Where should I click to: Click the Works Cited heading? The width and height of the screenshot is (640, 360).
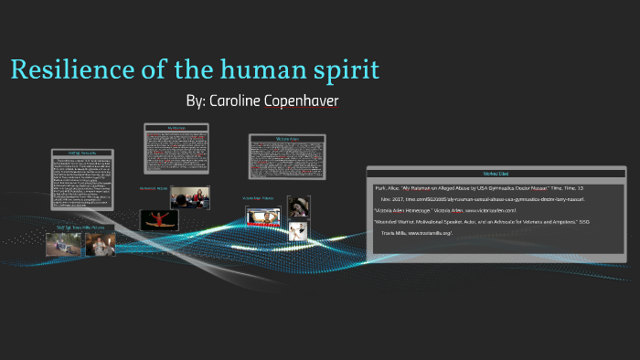point(496,173)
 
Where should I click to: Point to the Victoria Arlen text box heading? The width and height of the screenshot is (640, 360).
point(288,139)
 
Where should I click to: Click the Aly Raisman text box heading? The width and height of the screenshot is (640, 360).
point(177,127)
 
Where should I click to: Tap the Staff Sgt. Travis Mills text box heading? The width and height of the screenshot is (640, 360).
point(82,153)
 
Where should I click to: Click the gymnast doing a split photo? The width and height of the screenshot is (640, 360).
point(158,220)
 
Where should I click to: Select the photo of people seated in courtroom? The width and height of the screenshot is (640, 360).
point(189,196)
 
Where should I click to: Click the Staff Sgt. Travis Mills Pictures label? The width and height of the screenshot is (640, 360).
point(80,228)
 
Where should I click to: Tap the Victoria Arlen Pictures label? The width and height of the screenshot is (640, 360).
point(258,197)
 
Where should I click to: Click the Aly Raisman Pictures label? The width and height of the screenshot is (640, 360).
point(153,188)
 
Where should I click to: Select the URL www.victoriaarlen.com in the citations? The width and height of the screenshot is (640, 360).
point(496,211)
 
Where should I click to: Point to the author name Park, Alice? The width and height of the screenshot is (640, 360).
point(388,187)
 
